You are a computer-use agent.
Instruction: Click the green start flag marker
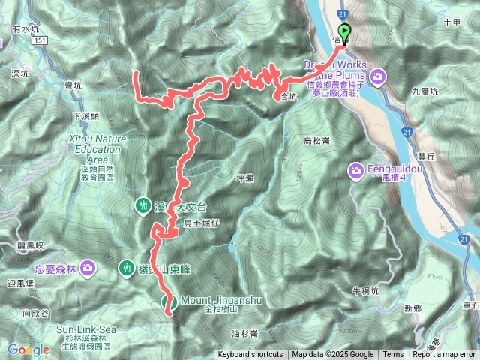344,31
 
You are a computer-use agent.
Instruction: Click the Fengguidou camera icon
355,172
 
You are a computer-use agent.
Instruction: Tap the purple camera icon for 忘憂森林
89,267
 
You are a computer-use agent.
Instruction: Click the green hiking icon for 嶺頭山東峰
128,266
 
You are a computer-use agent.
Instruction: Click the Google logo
28,349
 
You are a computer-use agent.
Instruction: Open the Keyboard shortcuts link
250,355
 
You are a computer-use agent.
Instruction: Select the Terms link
393,355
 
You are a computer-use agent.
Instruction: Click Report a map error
444,355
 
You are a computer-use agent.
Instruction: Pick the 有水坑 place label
25,28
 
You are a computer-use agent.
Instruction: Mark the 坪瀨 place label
245,178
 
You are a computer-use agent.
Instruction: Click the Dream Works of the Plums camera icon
377,75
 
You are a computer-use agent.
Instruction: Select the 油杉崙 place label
244,333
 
